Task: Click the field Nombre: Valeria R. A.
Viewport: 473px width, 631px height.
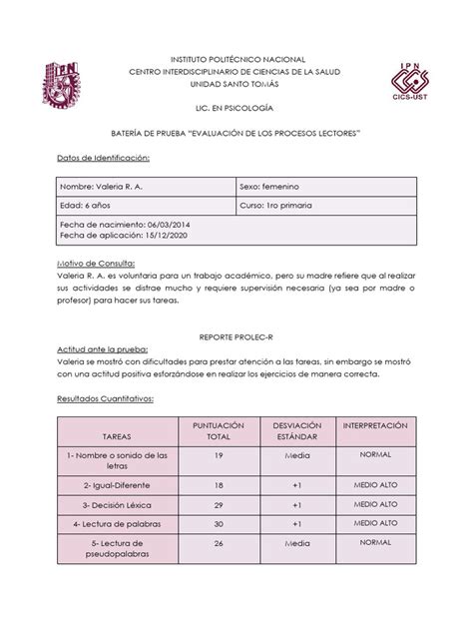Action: (x=102, y=188)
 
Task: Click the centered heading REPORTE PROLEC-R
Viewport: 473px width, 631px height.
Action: (x=236, y=338)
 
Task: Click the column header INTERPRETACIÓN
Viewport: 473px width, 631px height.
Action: (x=375, y=425)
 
